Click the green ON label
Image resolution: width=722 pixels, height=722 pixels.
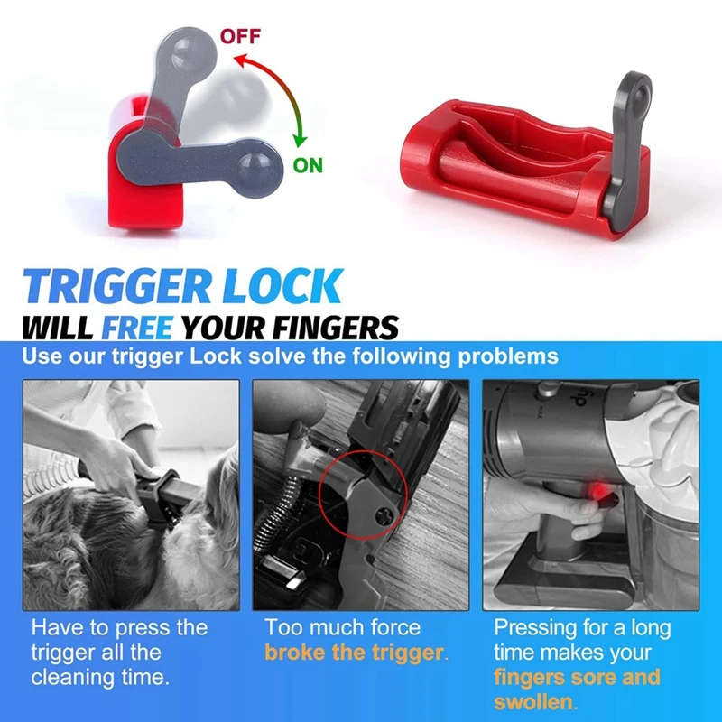[308, 165]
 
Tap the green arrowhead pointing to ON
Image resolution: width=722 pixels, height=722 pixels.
[300, 143]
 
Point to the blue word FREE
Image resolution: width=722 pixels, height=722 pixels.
[137, 327]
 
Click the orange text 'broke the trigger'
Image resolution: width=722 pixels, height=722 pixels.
[355, 652]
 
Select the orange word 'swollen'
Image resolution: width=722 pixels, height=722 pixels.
[536, 701]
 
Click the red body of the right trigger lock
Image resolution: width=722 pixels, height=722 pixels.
[505, 180]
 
